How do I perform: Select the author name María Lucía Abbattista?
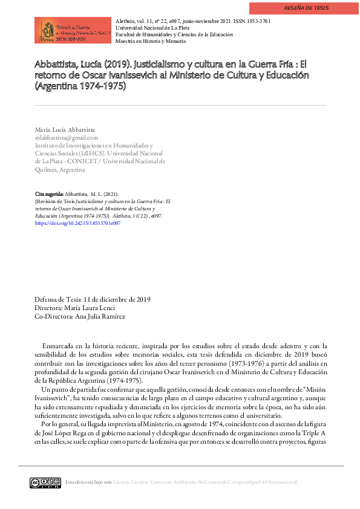[65, 130]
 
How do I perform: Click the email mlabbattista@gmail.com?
[67, 138]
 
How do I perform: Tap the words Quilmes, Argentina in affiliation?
[59, 170]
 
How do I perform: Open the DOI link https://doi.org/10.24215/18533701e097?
[77, 223]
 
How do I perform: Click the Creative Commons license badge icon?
[45, 482]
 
